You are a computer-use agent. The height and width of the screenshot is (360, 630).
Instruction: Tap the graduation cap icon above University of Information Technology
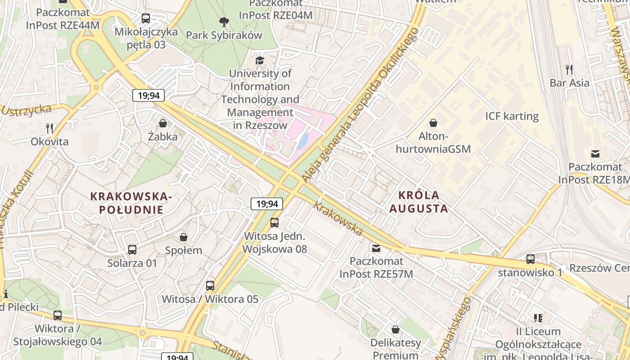coord(260,60)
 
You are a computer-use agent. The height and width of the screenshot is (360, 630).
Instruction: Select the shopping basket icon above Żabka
coord(163,123)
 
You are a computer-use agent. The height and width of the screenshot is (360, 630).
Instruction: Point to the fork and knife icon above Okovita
coord(49,128)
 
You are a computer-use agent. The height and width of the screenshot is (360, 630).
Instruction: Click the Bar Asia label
coord(569,83)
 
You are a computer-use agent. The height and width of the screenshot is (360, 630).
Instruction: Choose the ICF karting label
coord(512,116)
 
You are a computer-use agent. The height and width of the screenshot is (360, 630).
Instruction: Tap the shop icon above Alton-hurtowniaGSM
coord(433,123)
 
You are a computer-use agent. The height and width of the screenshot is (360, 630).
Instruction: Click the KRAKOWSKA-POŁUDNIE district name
coord(131,203)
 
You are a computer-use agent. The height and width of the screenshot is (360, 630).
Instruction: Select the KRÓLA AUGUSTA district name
coord(418,202)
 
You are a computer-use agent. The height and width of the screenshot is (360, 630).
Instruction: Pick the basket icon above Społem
coord(184,237)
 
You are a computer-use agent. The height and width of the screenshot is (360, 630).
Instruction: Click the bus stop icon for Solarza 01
coord(132,250)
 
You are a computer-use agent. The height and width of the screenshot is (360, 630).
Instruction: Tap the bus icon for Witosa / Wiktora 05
coord(210,285)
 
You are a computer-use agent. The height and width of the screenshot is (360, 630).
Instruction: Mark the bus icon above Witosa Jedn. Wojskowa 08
coord(274,222)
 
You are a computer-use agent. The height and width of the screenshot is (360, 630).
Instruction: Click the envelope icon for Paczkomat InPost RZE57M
coord(376,248)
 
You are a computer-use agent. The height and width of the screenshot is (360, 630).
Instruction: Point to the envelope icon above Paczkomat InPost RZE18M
coord(595,154)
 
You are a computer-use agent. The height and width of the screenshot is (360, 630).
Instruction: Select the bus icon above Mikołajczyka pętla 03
coord(146,18)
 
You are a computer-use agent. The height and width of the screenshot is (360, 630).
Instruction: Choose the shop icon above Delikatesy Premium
coord(396,329)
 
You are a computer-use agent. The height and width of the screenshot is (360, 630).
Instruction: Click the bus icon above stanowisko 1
coord(531,259)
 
